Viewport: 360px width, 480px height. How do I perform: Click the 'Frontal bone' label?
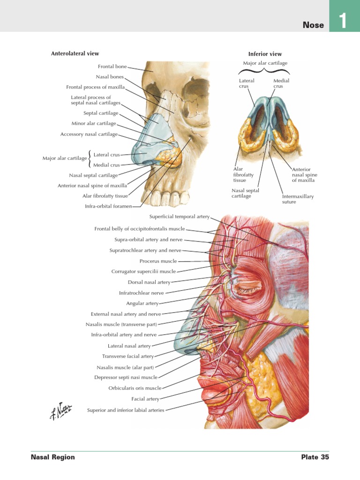(x=112, y=67)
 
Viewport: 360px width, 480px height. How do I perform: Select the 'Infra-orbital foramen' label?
(x=108, y=206)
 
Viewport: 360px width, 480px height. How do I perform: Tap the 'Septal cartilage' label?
(x=101, y=113)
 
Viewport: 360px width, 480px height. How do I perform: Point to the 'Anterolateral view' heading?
(x=75, y=53)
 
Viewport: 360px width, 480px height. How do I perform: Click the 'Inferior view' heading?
(x=265, y=54)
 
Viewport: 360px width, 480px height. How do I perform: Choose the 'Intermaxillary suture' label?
(x=298, y=199)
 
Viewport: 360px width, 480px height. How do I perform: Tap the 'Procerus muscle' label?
(x=158, y=261)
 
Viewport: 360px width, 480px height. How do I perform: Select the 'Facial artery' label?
(x=145, y=399)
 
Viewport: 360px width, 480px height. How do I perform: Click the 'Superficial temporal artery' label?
(x=180, y=217)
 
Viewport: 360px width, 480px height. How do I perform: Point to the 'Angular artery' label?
(x=142, y=303)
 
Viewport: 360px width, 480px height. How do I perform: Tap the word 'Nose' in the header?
(x=313, y=25)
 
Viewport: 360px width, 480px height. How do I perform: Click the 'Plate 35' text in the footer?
(x=315, y=457)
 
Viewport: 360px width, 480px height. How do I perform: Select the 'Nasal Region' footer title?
(x=52, y=457)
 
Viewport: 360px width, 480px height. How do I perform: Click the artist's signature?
(x=60, y=411)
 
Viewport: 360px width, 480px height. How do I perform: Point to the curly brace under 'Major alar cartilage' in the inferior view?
(x=264, y=71)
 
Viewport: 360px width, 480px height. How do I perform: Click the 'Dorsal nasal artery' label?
(x=149, y=282)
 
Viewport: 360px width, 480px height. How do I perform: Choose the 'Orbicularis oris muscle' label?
(x=135, y=388)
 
